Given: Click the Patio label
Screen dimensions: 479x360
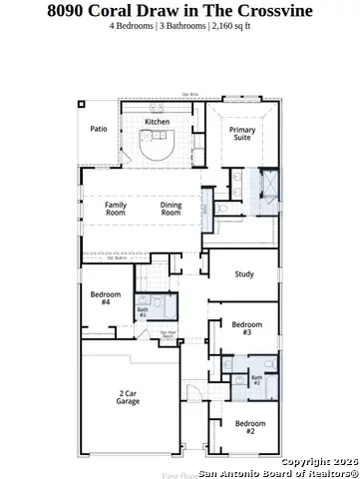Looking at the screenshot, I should (98, 129).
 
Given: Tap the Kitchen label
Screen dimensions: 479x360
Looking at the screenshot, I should (157, 122).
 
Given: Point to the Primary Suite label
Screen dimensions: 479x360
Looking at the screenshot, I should (242, 135).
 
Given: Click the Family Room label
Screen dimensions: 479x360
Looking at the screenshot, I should (116, 209).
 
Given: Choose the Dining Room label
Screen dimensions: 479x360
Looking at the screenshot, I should (172, 209).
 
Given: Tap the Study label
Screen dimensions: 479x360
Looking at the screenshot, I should (244, 274).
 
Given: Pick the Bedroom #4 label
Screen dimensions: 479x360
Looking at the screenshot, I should (106, 297).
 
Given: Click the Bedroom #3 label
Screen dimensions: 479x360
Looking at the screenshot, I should (247, 327).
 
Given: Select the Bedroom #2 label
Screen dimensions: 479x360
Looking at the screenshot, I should (250, 426).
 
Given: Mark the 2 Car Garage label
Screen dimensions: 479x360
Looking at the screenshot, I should (127, 397).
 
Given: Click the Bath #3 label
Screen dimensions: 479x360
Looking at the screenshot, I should (143, 312).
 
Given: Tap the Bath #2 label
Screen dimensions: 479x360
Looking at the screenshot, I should (256, 379).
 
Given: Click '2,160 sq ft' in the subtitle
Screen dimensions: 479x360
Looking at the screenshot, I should (230, 26).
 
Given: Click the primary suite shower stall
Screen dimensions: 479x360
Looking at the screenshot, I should (268, 187).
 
